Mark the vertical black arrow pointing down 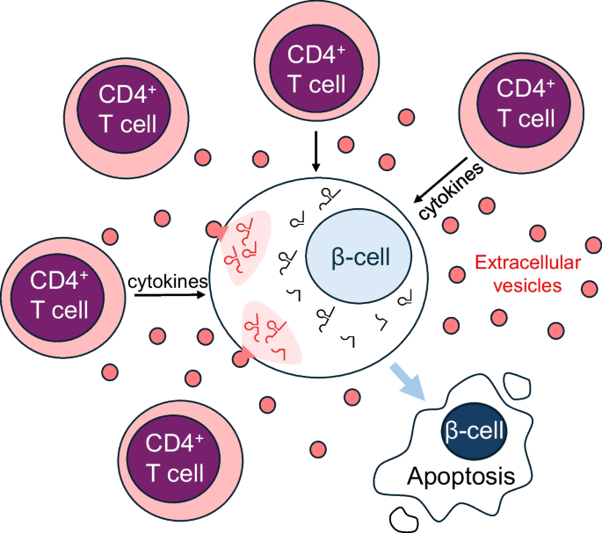point(315,154)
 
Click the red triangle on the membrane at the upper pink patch point(216,231)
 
